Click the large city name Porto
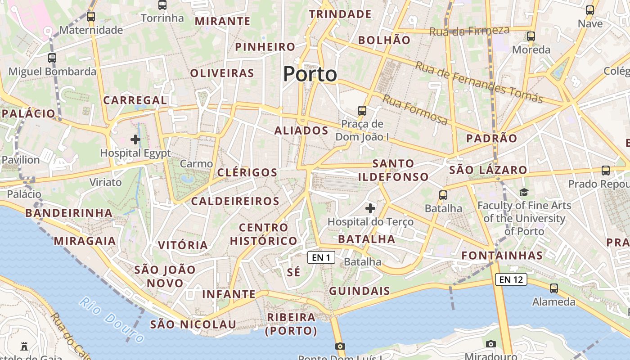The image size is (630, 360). click(x=310, y=74)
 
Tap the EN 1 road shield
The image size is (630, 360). click(x=321, y=257)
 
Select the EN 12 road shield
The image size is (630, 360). click(x=511, y=279)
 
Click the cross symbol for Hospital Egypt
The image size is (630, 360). click(x=135, y=139)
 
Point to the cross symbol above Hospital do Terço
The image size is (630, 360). click(x=370, y=208)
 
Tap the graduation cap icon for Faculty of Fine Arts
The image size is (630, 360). click(x=524, y=193)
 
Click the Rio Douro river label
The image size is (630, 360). click(x=112, y=319)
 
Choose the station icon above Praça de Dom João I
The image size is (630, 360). click(x=362, y=110)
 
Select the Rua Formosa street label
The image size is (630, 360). click(x=415, y=110)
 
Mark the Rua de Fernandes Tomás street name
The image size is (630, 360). click(x=478, y=82)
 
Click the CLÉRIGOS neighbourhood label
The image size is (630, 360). click(x=247, y=172)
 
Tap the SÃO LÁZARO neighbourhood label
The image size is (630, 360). click(x=488, y=170)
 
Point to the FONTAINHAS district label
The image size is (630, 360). click(x=502, y=256)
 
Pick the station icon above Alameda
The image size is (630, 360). click(x=554, y=288)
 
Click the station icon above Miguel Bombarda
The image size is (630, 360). click(x=52, y=58)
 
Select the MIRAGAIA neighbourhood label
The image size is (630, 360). click(x=85, y=241)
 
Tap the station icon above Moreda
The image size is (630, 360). click(x=531, y=36)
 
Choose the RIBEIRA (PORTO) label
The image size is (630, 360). click(x=292, y=324)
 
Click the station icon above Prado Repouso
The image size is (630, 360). click(x=606, y=171)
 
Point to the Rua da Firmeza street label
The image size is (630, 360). click(x=469, y=31)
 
